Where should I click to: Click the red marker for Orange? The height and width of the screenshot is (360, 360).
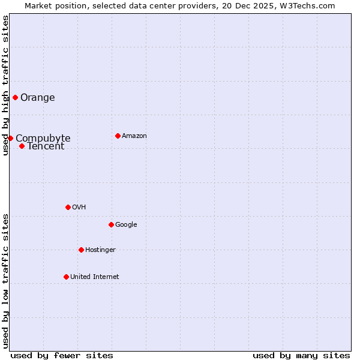pyautogui.click(x=15, y=97)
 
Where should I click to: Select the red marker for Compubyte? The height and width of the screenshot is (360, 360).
pyautogui.click(x=10, y=138)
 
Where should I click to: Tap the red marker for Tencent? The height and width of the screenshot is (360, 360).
pyautogui.click(x=22, y=146)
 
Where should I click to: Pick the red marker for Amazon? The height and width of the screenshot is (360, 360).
pyautogui.click(x=118, y=136)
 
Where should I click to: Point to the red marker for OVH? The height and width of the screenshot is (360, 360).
pyautogui.click(x=68, y=207)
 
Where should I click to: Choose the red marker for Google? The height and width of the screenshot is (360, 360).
pyautogui.click(x=111, y=224)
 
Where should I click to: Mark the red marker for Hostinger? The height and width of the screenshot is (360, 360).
pyautogui.click(x=81, y=250)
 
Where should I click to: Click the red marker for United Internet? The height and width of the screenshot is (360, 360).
pyautogui.click(x=66, y=277)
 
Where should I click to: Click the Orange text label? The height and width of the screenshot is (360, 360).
pyautogui.click(x=38, y=98)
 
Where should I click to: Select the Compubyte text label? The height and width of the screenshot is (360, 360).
pyautogui.click(x=43, y=138)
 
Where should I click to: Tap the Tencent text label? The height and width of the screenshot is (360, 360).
pyautogui.click(x=46, y=146)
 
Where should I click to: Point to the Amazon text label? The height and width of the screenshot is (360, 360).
pyautogui.click(x=134, y=136)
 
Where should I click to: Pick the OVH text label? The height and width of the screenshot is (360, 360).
pyautogui.click(x=79, y=208)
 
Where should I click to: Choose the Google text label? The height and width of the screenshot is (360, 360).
pyautogui.click(x=126, y=225)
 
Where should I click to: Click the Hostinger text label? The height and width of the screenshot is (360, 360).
pyautogui.click(x=100, y=250)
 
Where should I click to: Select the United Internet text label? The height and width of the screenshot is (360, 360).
pyautogui.click(x=95, y=277)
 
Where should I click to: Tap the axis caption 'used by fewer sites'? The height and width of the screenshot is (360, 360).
pyautogui.click(x=62, y=355)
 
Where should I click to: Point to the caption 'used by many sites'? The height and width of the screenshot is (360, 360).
pyautogui.click(x=301, y=355)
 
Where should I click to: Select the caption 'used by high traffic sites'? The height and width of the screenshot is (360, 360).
pyautogui.click(x=6, y=85)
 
